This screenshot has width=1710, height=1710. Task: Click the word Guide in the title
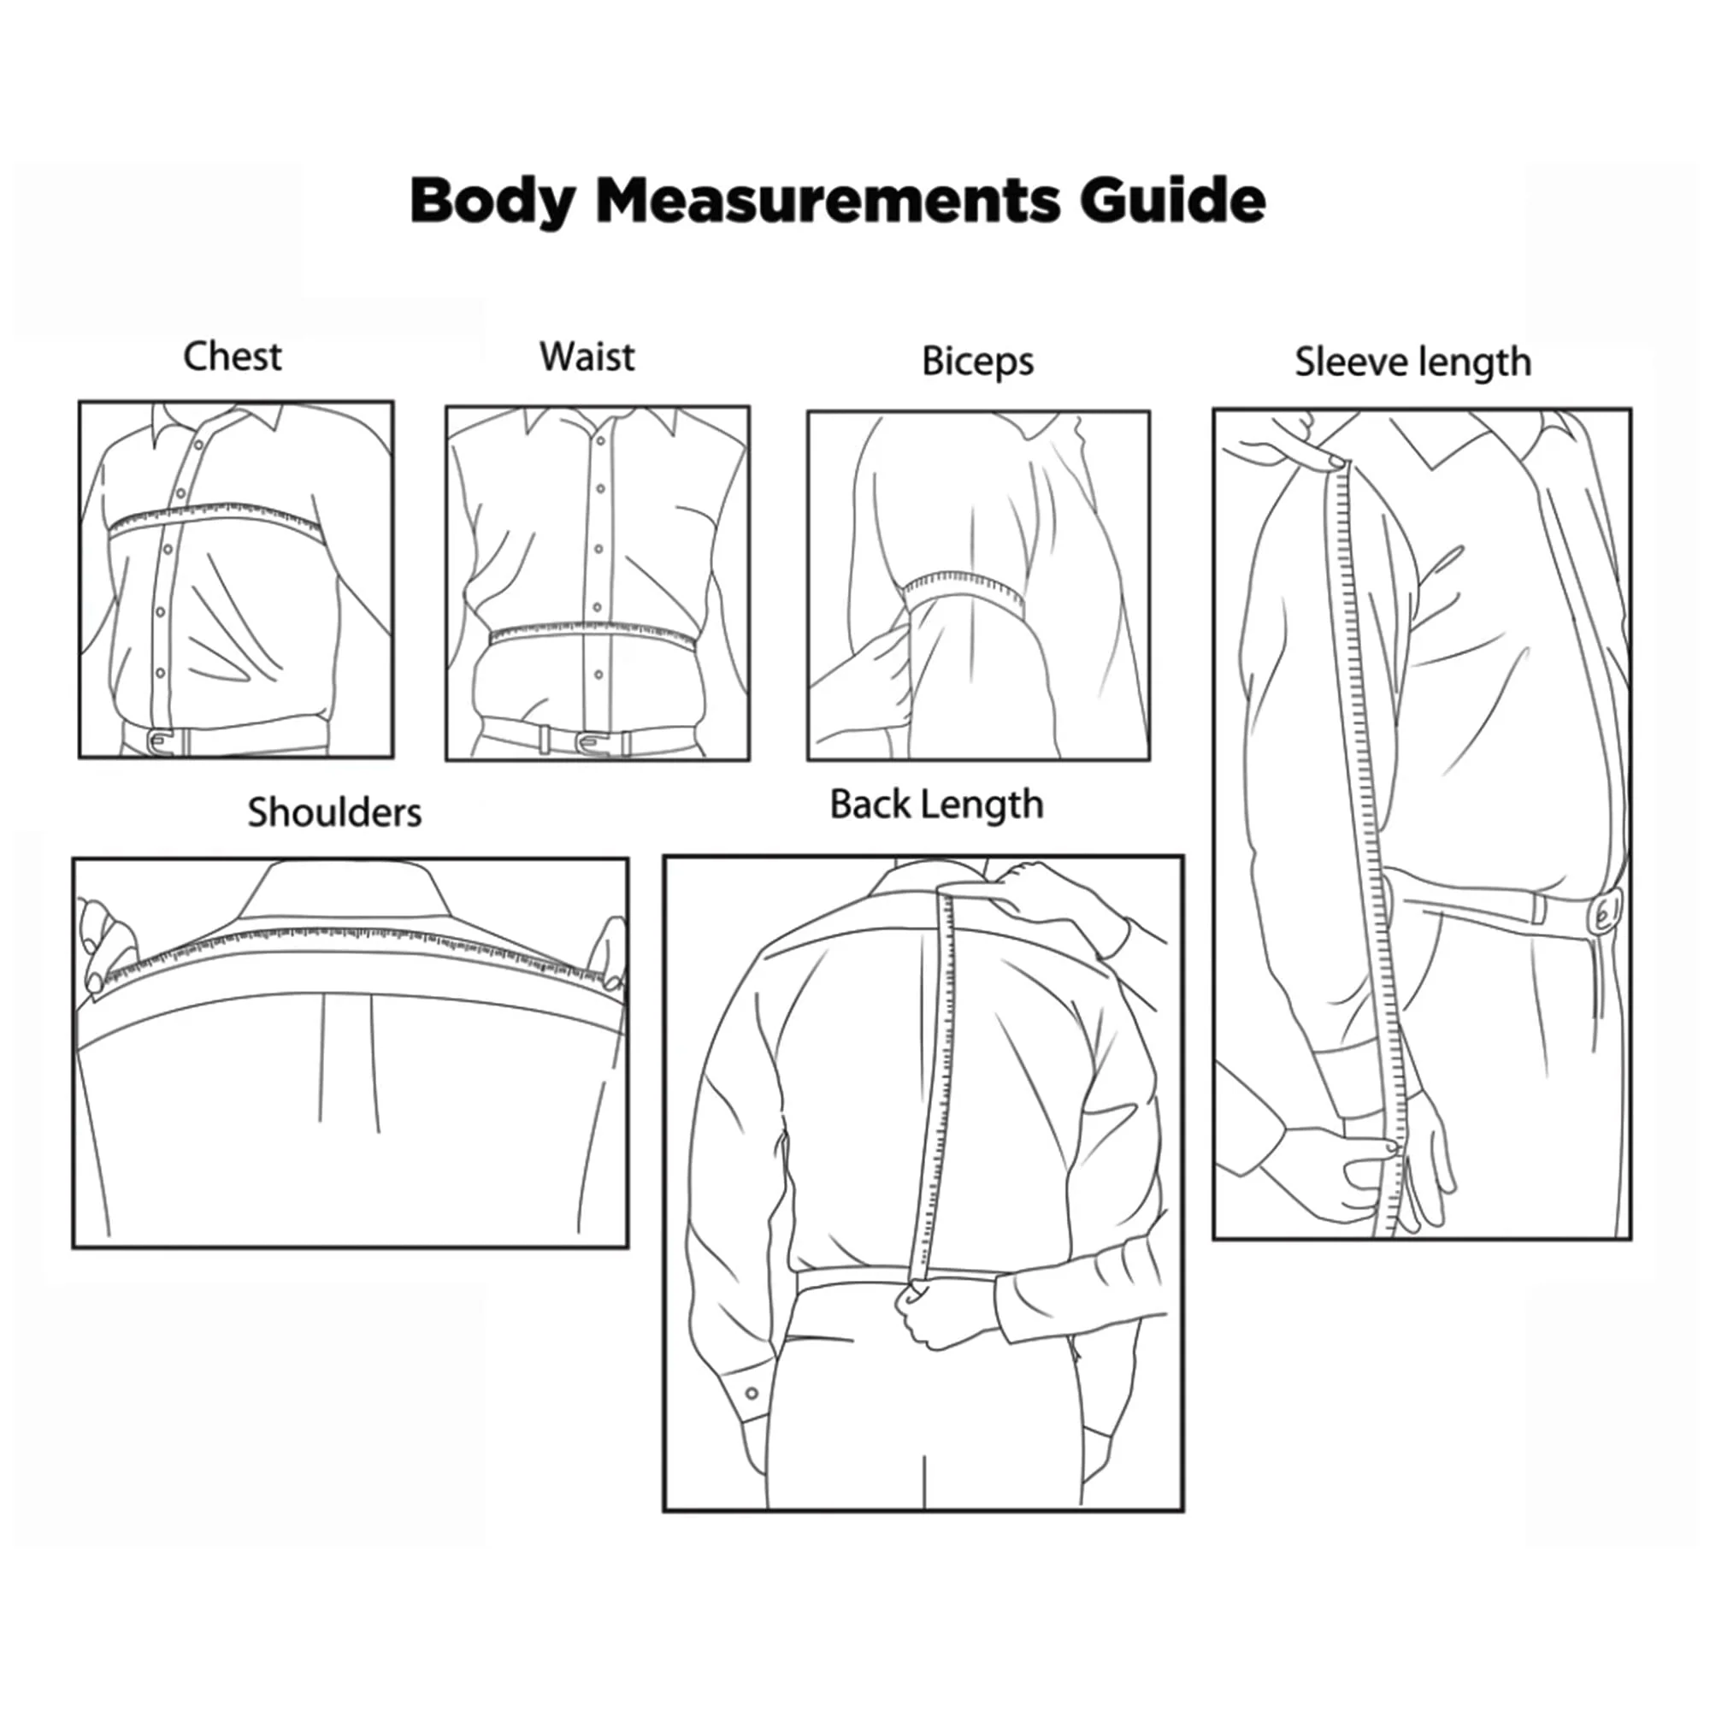coord(1173,200)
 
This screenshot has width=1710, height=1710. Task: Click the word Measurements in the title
coord(828,200)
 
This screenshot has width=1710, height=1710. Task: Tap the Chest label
coord(233,357)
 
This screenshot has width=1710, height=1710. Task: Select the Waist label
coord(587,357)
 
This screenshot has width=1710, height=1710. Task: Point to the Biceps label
coord(977,362)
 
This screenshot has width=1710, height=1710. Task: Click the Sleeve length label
coord(1412,363)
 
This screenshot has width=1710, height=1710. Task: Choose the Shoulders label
coord(334,812)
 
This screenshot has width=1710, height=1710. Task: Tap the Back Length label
coord(936,805)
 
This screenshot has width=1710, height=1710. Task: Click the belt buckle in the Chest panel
coord(160,741)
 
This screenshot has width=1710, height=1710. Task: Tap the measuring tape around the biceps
coord(964,592)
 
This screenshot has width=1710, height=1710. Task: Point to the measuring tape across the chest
coord(212,519)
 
